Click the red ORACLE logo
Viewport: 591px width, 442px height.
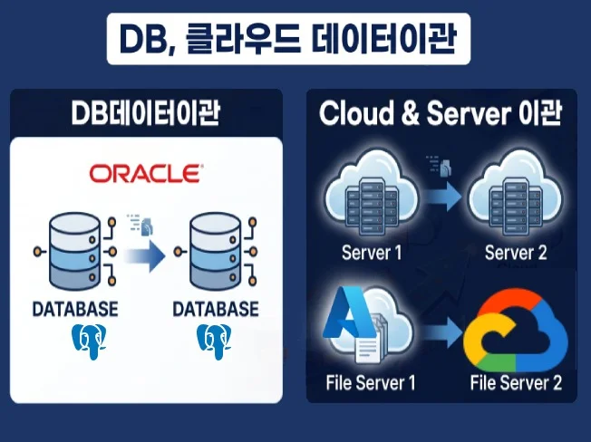pos(146,174)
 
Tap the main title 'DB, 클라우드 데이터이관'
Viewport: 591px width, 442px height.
pos(288,39)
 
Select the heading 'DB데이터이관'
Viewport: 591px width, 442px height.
pos(146,113)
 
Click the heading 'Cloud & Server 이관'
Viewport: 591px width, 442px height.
pos(441,113)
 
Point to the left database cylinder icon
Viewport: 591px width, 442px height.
pos(75,251)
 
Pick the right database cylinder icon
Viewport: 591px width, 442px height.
pos(215,251)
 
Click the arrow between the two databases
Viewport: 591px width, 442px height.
pos(145,256)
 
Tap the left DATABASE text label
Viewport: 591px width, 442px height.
pos(75,309)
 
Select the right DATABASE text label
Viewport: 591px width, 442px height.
pos(216,309)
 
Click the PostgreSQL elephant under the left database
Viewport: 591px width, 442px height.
pos(90,341)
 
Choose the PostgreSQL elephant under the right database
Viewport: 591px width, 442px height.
pos(215,341)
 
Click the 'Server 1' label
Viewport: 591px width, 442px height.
pos(372,253)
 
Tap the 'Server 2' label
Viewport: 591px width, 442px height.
pos(516,253)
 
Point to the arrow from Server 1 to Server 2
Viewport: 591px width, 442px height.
pos(443,196)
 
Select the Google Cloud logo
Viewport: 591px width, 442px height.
pos(515,331)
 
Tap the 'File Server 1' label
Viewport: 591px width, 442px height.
pos(371,382)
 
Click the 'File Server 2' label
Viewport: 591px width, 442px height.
pos(516,382)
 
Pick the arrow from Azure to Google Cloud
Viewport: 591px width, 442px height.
pos(443,332)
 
